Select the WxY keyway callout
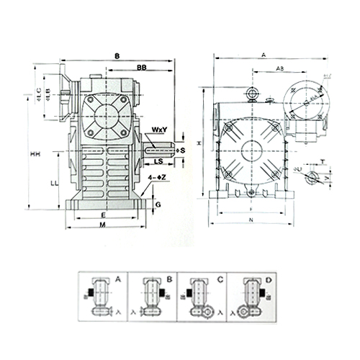(x=159, y=130)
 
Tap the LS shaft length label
(x=157, y=162)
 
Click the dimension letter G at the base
(x=158, y=204)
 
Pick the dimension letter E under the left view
(x=104, y=215)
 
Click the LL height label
(x=54, y=184)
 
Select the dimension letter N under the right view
(x=251, y=218)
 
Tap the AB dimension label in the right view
(x=278, y=69)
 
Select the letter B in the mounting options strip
(x=168, y=278)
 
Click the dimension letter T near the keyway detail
(x=323, y=162)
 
